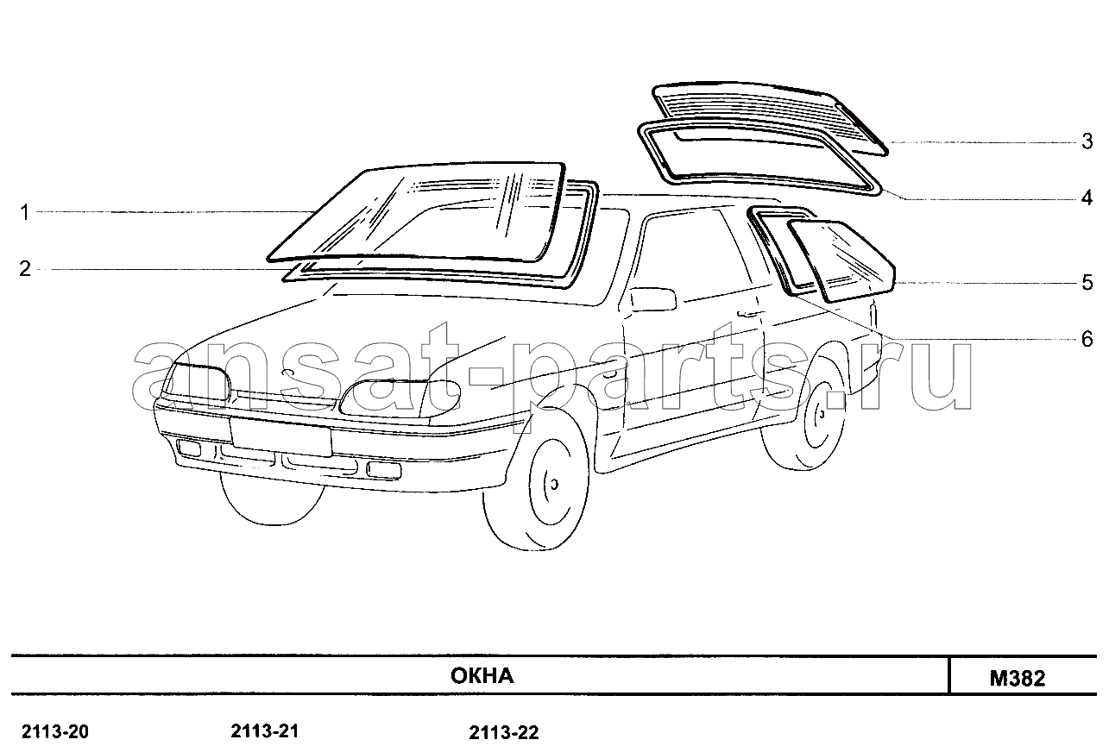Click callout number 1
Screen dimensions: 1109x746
click(25, 213)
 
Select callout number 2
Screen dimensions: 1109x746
click(25, 269)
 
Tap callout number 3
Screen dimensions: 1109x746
click(1087, 141)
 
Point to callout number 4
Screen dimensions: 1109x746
click(1087, 198)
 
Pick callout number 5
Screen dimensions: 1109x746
click(1087, 283)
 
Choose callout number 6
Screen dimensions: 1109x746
click(1087, 339)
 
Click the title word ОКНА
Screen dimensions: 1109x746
click(482, 676)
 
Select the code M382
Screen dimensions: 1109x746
click(1018, 679)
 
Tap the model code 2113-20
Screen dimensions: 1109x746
click(55, 731)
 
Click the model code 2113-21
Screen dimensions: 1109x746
click(265, 730)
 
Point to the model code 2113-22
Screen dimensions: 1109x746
click(503, 733)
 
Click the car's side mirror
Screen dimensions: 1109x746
click(653, 298)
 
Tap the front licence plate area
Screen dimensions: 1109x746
click(280, 436)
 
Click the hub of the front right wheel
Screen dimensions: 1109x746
click(554, 484)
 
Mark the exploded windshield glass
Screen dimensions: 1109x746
click(417, 213)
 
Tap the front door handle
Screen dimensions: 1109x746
click(748, 313)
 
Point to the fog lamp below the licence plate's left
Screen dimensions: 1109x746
click(189, 448)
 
